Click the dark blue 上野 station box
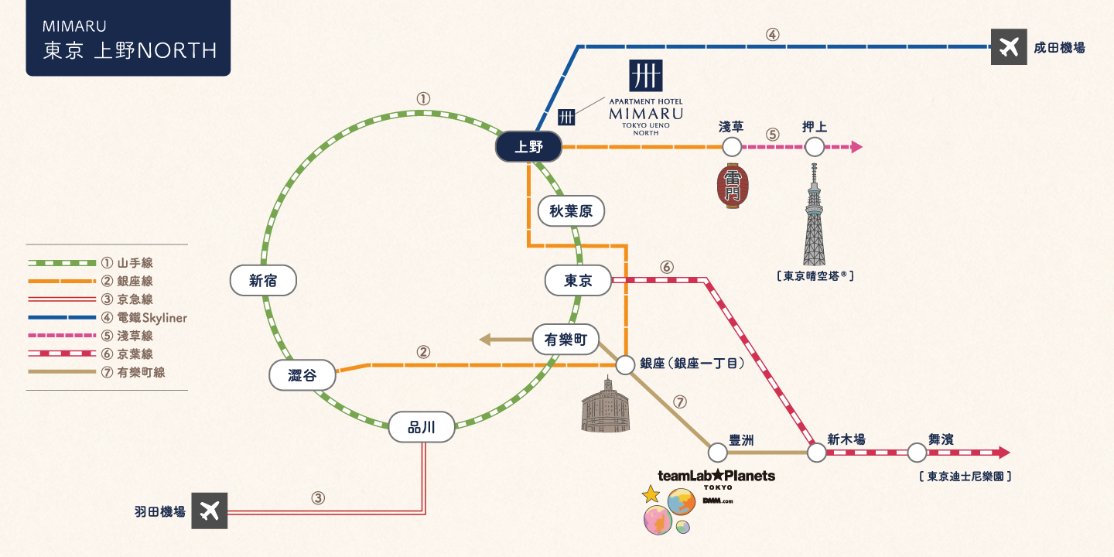(529, 147)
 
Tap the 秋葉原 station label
(571, 210)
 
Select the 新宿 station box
(263, 281)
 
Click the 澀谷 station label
(302, 376)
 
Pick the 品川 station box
(422, 427)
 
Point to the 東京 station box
(578, 281)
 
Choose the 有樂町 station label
(566, 339)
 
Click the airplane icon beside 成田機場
(1008, 47)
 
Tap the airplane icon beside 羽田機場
(210, 511)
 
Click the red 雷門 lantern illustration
(732, 186)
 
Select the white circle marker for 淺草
(732, 146)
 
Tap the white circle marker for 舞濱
(917, 453)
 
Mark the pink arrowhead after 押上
(856, 146)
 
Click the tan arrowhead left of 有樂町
(485, 339)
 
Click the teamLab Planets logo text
(716, 476)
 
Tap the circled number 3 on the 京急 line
(317, 498)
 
